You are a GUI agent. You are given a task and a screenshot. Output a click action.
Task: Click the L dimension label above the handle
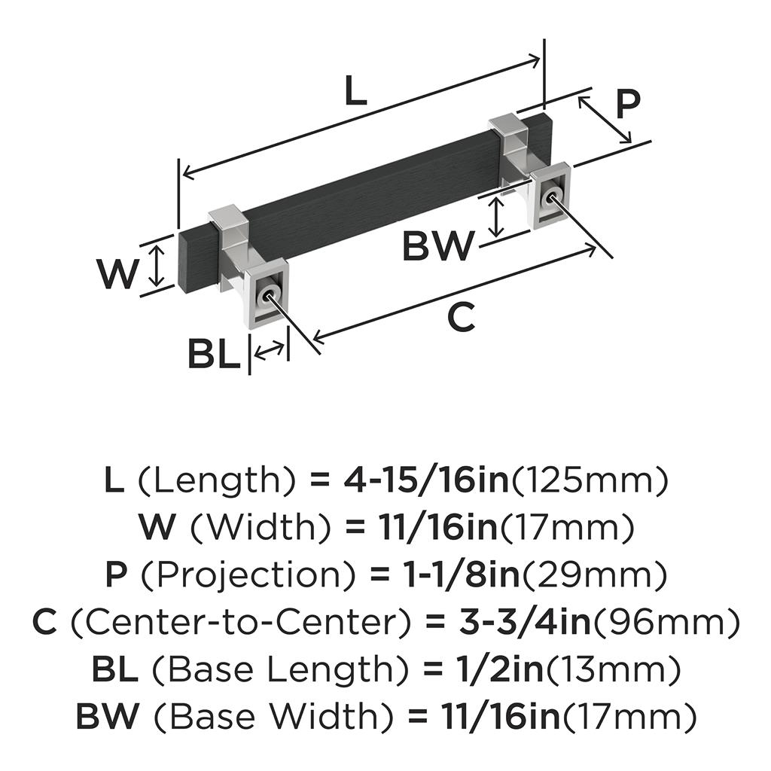[355, 90]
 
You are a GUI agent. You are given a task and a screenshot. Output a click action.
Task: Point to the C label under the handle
[462, 317]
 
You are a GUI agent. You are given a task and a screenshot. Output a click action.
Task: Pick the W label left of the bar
[117, 273]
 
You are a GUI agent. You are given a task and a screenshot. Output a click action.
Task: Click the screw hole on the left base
[267, 297]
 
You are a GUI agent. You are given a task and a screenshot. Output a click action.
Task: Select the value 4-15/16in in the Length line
[426, 480]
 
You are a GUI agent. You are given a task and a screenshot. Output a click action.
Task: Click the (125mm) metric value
[590, 480]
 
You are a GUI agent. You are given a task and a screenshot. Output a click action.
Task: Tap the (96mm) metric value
[666, 621]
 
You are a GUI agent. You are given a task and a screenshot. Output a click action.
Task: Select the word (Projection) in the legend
[247, 574]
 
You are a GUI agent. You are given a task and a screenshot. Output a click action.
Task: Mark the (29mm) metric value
[594, 574]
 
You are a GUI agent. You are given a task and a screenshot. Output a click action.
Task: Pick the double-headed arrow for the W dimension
[157, 266]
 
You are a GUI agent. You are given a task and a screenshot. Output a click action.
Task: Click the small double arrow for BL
[269, 350]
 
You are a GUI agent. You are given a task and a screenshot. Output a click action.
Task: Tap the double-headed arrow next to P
[605, 120]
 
